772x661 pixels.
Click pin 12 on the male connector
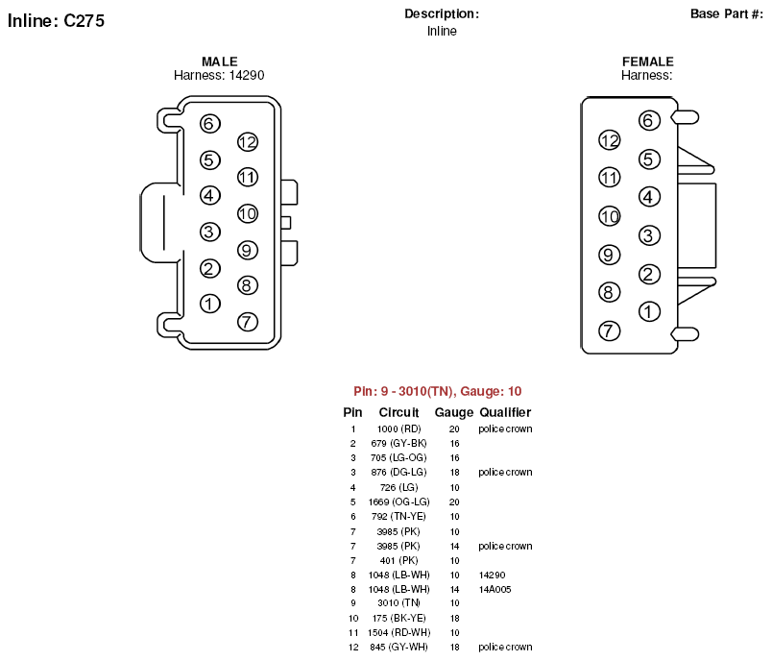248,142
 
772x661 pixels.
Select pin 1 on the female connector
649,311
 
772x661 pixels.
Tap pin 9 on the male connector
248,250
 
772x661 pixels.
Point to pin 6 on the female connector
649,120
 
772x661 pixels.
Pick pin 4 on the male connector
210,196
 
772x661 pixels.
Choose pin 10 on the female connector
610,216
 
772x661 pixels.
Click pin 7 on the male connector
248,322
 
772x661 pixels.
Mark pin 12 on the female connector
610,140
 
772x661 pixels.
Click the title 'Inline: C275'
56,21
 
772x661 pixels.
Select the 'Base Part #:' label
727,13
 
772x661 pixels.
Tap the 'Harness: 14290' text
219,75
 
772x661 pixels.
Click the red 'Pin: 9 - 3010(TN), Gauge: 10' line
437,391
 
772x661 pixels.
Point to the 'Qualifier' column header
505,412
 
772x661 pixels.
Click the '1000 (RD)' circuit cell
398,429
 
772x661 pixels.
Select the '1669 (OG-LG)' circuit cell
398,502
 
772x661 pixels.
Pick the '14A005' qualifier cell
495,589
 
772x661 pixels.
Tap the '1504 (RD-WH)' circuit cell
398,632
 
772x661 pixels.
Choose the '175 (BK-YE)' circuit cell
398,618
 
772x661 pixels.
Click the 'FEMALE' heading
648,61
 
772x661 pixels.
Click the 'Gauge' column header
454,413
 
